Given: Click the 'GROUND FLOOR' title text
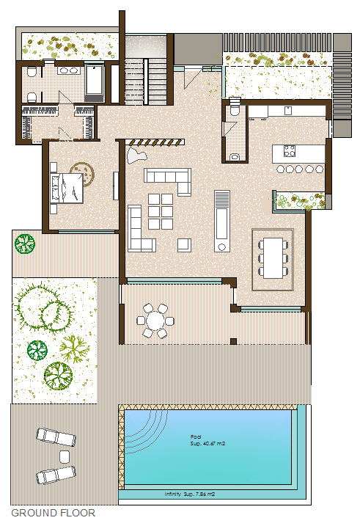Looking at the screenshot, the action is coord(54,513).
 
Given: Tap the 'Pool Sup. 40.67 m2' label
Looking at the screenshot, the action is coord(207,440).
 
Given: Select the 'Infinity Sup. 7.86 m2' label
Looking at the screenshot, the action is coord(189,494).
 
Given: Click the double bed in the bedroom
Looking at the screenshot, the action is coord(67,189).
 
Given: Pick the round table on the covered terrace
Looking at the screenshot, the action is coord(155,321).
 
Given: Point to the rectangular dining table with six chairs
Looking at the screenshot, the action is coord(273,257).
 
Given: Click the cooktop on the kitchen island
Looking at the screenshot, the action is coord(290,151).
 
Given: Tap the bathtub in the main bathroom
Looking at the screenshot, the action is coord(94,81).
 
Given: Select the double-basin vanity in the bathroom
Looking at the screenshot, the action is coord(69,70).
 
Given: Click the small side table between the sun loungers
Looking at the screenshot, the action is coord(65,456).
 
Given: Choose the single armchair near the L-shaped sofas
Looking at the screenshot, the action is coord(184,245).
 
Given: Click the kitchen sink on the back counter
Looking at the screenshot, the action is coord(287,111).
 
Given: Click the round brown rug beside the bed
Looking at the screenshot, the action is coord(83,173).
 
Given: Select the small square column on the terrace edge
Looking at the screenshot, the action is coord(234,342).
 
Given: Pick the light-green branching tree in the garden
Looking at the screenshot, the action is coord(74,349).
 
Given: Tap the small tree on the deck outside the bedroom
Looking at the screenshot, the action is coord(25,244).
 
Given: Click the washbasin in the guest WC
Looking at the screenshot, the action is coord(235,157).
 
